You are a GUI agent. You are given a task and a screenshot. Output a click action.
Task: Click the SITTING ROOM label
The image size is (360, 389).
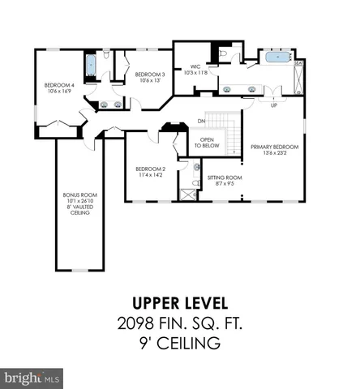click(224, 179)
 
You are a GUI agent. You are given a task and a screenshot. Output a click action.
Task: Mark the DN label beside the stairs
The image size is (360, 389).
click(200, 122)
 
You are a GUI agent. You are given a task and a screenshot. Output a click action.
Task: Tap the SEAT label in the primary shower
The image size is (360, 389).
click(300, 62)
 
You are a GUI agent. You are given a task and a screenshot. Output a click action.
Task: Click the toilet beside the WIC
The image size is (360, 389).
click(222, 55)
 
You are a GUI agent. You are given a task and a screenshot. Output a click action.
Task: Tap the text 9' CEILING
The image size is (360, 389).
click(179, 344)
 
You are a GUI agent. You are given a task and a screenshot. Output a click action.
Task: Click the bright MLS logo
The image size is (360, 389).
click(32, 378)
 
